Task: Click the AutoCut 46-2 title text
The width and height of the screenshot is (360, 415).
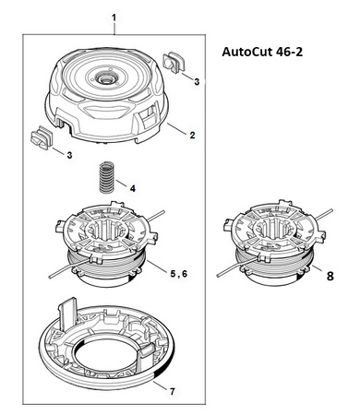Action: tap(262, 52)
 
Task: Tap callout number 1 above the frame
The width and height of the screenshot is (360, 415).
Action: tap(114, 18)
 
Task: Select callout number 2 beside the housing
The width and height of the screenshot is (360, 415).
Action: tap(192, 135)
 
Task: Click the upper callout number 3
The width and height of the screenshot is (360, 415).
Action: tap(197, 81)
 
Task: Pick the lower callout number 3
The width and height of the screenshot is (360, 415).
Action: tap(69, 155)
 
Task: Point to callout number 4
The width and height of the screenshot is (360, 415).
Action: tap(133, 188)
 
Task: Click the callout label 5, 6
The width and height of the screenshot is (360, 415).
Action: tap(179, 273)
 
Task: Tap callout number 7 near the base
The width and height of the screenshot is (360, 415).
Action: tap(173, 391)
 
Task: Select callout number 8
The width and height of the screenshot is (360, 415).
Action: tap(330, 276)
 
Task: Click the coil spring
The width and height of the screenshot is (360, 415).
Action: tap(106, 177)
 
